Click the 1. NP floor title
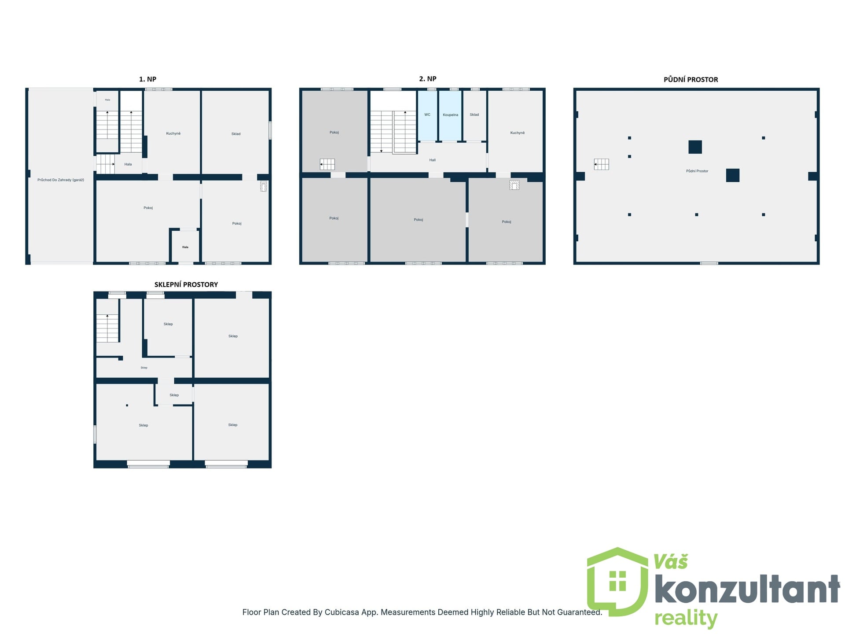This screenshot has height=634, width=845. [147, 79]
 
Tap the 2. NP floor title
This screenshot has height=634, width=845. [427, 79]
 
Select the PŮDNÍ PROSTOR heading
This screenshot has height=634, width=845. [691, 80]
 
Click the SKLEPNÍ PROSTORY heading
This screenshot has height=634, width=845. [186, 284]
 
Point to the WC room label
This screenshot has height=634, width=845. [427, 114]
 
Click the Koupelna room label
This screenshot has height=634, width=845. [450, 115]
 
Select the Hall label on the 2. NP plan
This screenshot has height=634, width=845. [432, 160]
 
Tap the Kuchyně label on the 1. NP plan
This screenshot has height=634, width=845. [173, 133]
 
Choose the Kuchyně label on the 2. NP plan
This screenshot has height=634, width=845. [518, 133]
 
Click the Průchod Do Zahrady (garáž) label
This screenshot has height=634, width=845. [61, 180]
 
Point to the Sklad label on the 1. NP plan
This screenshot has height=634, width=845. [236, 134]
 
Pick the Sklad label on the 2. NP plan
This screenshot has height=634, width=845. [474, 114]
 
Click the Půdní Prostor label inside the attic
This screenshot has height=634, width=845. [697, 171]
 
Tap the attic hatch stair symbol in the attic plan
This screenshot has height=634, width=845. [601, 164]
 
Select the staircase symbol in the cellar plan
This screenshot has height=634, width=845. [107, 328]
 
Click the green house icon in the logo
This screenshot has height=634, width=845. [617, 581]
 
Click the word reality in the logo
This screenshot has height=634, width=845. [686, 619]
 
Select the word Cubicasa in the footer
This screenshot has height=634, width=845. [342, 612]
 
